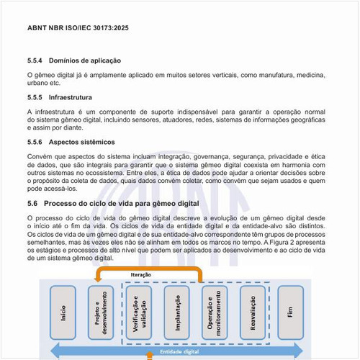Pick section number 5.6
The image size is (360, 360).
point(33,204)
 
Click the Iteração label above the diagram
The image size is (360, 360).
point(141,275)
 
